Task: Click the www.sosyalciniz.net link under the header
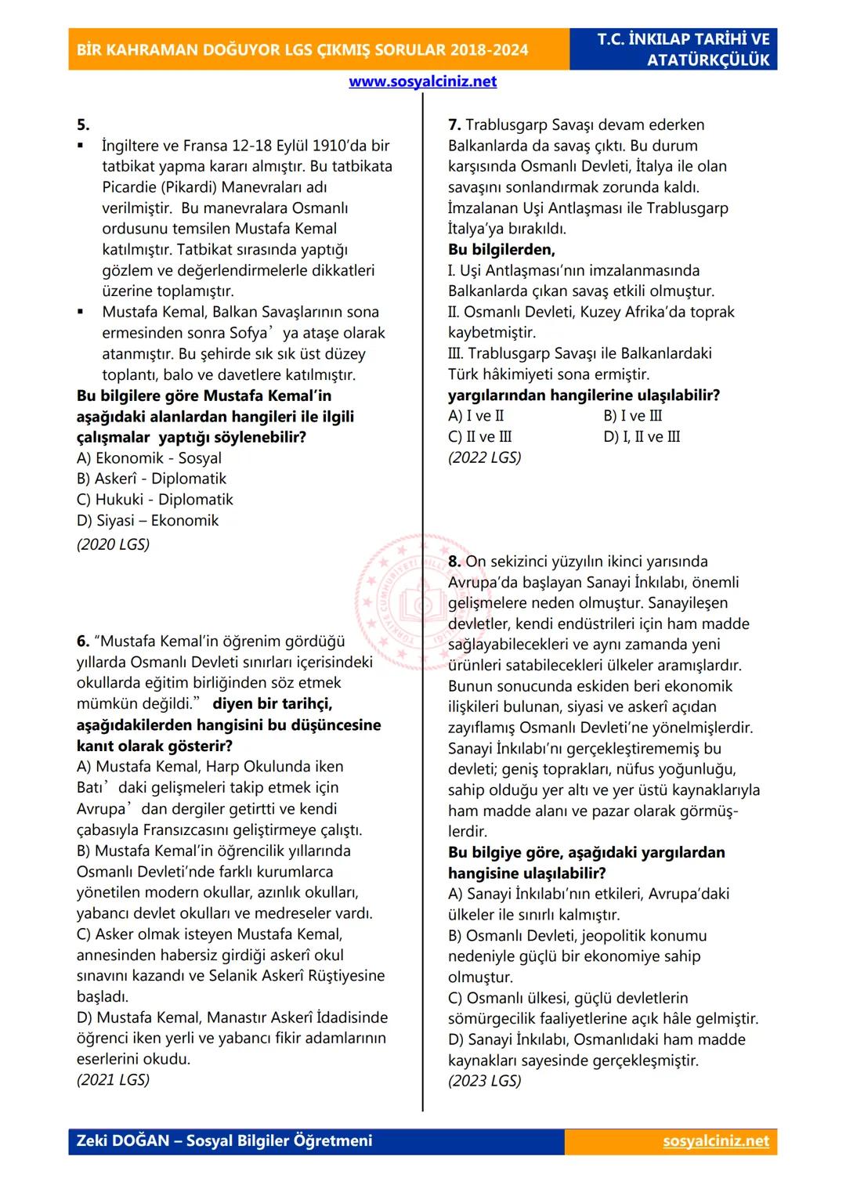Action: point(422,81)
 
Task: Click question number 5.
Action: point(83,125)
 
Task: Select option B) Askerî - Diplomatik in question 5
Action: point(151,479)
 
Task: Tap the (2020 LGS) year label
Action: point(113,544)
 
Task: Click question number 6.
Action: point(83,641)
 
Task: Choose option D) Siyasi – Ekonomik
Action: point(147,520)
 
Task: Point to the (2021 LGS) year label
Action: point(113,1079)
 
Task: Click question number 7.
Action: point(454,125)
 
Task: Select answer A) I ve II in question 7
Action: point(475,416)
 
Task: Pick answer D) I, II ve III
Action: point(642,436)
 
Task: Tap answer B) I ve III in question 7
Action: point(632,416)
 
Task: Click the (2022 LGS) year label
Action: point(484,457)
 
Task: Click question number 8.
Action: point(454,562)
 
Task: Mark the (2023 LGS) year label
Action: point(484,1080)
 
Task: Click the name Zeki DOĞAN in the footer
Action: point(123,1140)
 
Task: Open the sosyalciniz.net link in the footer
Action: point(716,1141)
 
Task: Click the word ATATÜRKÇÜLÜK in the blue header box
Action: point(708,60)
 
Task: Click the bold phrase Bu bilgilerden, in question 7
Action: point(501,250)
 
